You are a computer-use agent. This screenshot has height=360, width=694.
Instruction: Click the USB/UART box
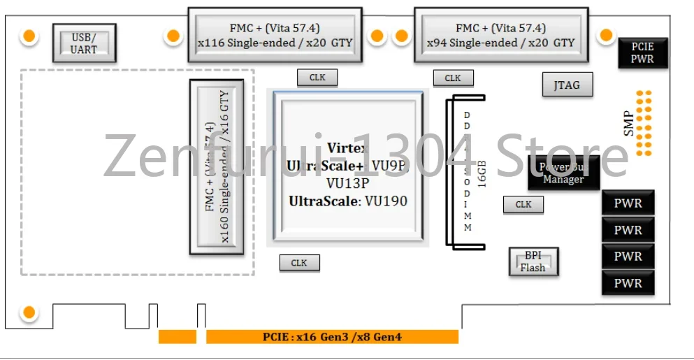(x=84, y=43)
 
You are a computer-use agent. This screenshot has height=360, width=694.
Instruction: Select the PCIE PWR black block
(x=642, y=53)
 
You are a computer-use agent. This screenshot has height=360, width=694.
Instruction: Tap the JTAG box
(x=567, y=85)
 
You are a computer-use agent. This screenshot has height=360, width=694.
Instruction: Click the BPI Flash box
(x=533, y=262)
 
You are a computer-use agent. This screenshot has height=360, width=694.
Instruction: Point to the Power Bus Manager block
(x=563, y=173)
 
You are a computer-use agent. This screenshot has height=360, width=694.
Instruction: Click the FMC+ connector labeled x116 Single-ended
(x=275, y=35)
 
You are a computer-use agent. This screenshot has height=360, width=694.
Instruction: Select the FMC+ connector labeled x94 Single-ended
(x=500, y=35)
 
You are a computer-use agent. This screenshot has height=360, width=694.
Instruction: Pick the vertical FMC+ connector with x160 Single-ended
(x=217, y=167)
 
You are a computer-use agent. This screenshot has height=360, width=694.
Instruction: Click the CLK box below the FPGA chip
(x=299, y=263)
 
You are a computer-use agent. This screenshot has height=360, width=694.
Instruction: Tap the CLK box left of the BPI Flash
(x=523, y=204)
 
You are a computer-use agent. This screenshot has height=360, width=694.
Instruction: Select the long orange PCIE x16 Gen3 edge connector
(x=332, y=337)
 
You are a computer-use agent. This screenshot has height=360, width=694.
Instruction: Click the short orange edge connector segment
(x=177, y=337)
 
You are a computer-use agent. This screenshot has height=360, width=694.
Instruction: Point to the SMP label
(x=629, y=124)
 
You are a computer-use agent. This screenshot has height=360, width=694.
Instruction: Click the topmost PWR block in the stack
(x=628, y=204)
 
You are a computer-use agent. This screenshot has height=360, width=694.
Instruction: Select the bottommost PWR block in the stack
(x=628, y=283)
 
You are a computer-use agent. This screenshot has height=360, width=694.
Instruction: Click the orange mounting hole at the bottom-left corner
(x=29, y=313)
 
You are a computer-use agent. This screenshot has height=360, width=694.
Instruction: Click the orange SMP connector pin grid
(x=644, y=122)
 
